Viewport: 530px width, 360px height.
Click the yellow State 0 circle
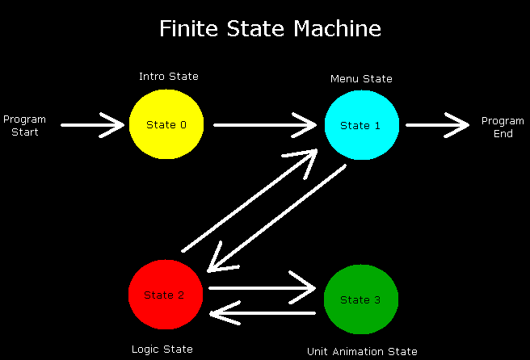[166, 124]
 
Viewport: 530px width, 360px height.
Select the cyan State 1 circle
[361, 125]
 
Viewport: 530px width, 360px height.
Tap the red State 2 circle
[166, 295]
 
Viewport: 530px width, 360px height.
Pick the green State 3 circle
[361, 299]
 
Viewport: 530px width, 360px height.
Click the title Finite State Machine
[269, 29]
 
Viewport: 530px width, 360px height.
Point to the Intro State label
[168, 77]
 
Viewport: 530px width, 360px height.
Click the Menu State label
[361, 78]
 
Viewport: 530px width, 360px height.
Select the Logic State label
[162, 349]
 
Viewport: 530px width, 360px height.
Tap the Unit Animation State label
[362, 351]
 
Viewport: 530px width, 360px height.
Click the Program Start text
[24, 125]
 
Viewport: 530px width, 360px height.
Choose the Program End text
[503, 127]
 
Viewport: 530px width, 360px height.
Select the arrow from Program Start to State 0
[94, 125]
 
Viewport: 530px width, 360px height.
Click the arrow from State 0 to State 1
[264, 125]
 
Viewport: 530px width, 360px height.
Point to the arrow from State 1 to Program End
[436, 125]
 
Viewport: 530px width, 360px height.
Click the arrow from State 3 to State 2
[261, 312]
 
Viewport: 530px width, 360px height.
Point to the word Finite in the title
[186, 29]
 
